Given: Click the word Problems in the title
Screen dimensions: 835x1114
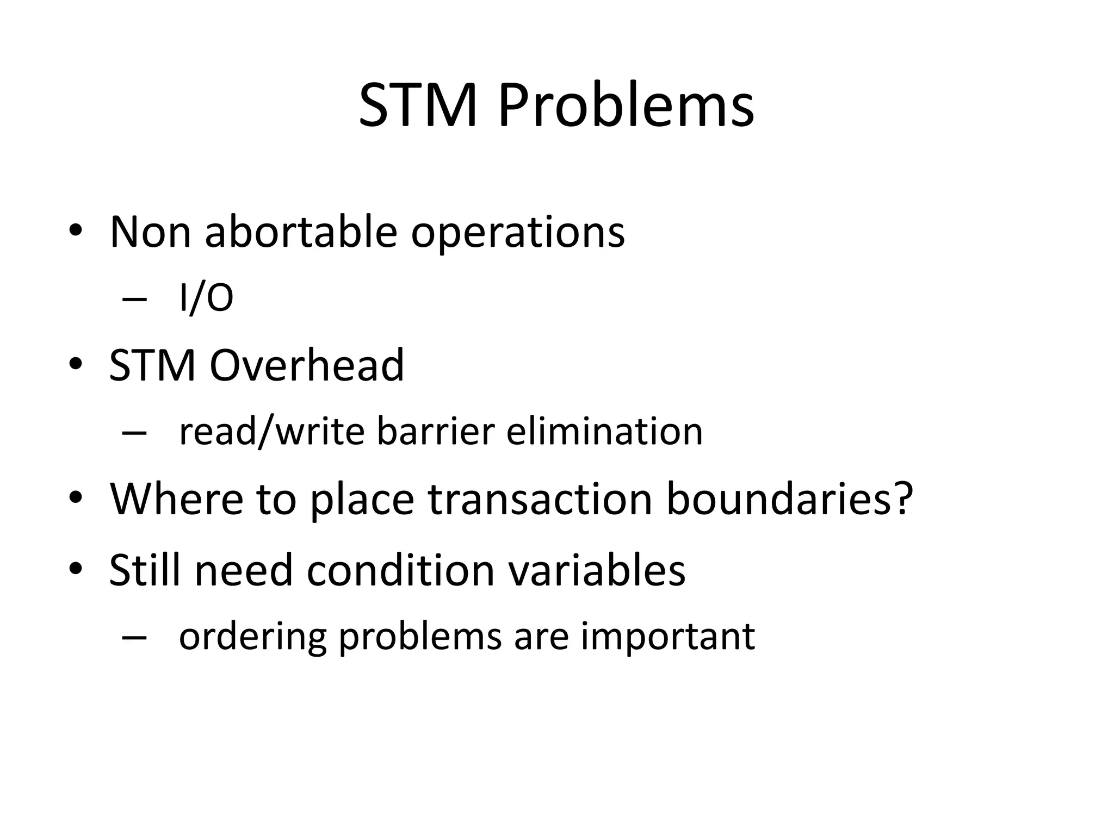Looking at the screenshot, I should pyautogui.click(x=626, y=106).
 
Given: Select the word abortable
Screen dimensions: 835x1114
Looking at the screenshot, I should pyautogui.click(x=301, y=232).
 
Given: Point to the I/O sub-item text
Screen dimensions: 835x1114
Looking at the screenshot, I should pyautogui.click(x=206, y=298).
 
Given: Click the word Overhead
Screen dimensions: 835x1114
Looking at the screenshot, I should pyautogui.click(x=307, y=365).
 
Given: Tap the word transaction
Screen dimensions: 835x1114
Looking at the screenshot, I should pyautogui.click(x=540, y=498).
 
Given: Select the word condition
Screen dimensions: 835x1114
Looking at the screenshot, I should pyautogui.click(x=400, y=570).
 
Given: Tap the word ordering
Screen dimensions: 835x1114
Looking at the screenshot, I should pyautogui.click(x=252, y=637).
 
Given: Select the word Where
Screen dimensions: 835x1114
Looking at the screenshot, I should pyautogui.click(x=176, y=498).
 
